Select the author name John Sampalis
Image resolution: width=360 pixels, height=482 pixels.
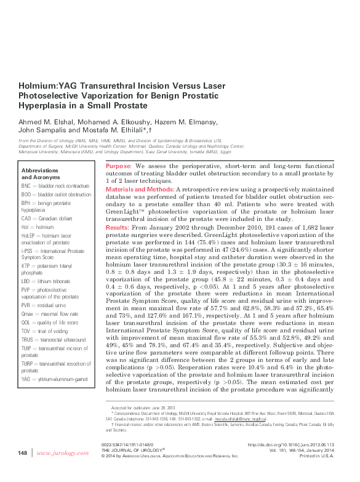[x=45, y=130]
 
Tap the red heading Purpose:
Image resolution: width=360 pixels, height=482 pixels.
[x=118, y=167]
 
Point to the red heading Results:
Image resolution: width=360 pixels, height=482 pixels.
[x=117, y=227]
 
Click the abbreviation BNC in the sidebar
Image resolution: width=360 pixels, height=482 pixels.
[x=26, y=185]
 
